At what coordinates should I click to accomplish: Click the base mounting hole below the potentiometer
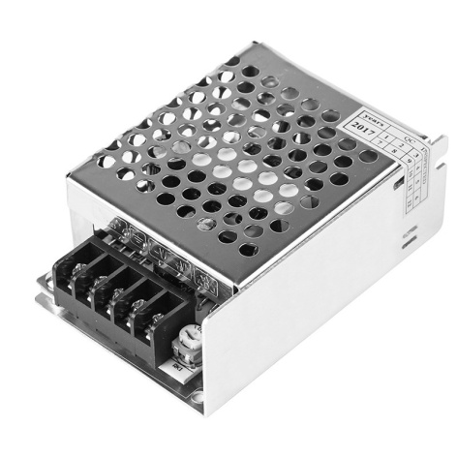click(x=198, y=394)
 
